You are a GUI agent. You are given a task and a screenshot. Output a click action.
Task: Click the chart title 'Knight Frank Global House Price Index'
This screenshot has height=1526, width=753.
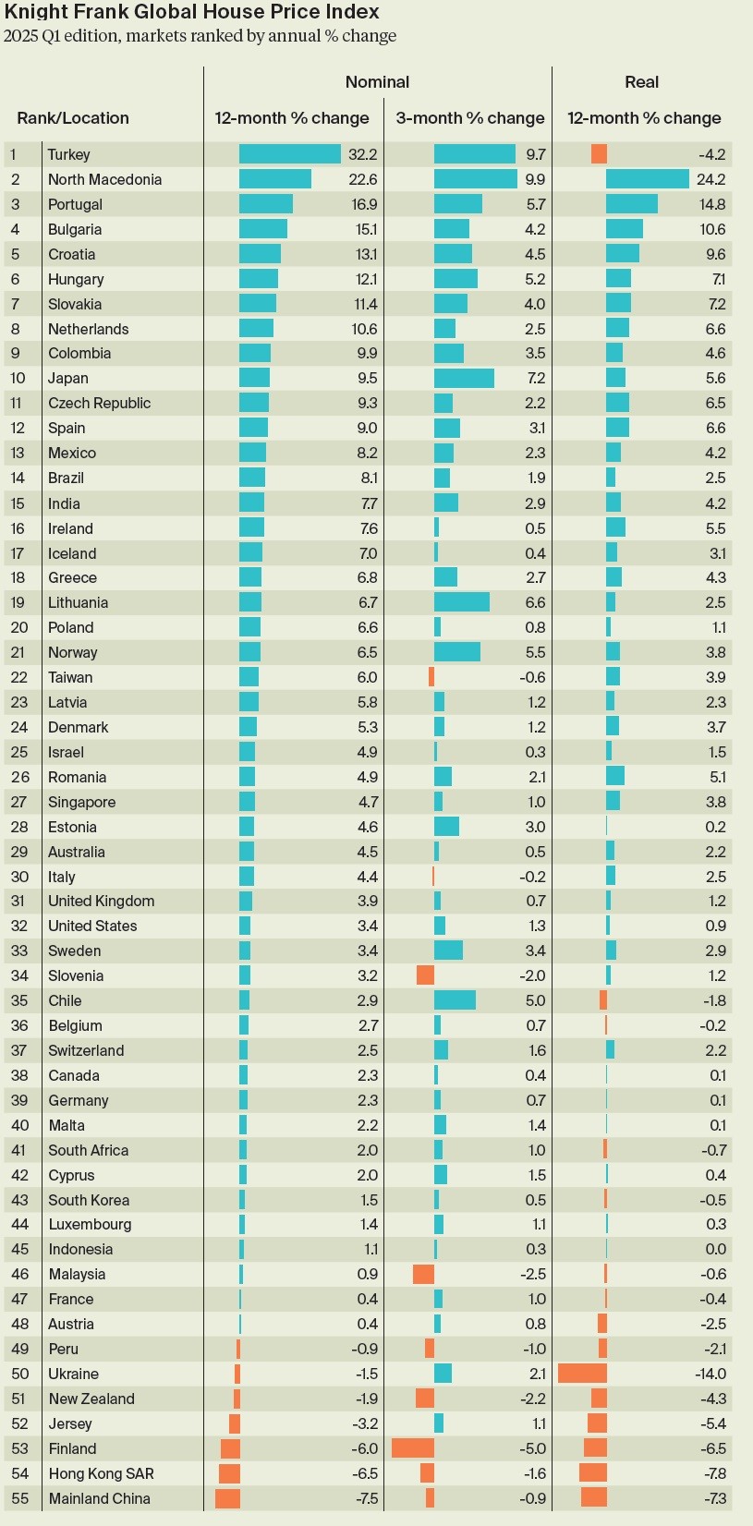click(x=192, y=12)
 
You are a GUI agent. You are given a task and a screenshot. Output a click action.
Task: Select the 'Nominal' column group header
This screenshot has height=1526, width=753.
click(x=377, y=82)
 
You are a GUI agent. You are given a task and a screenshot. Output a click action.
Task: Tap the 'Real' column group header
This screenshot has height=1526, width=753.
click(x=641, y=82)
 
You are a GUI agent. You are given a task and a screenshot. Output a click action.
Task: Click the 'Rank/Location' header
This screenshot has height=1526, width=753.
click(x=73, y=118)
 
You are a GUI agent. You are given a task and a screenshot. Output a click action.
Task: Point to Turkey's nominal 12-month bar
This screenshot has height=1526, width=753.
click(x=290, y=154)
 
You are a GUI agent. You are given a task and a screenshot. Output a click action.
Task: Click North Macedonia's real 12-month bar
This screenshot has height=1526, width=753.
click(x=647, y=179)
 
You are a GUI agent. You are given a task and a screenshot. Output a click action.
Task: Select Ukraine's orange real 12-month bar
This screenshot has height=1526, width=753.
click(x=582, y=1374)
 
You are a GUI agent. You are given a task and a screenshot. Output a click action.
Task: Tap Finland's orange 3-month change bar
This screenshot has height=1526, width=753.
click(x=413, y=1448)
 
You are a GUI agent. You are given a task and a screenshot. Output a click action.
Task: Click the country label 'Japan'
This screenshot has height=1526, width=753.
click(x=68, y=378)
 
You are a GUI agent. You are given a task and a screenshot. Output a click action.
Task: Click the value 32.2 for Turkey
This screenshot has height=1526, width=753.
click(x=363, y=154)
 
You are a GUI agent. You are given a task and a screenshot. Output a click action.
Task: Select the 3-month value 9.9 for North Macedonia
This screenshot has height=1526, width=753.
click(x=535, y=179)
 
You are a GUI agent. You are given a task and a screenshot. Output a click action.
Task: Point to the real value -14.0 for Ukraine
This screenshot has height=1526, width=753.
click(x=710, y=1374)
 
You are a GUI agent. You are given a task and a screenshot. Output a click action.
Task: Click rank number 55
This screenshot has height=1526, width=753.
click(x=19, y=1498)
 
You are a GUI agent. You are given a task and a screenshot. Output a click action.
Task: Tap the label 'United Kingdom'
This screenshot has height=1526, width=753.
click(x=101, y=901)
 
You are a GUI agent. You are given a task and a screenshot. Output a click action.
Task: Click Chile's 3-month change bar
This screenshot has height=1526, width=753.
click(x=455, y=1000)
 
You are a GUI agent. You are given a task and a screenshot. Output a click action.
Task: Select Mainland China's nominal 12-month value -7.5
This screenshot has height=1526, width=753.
click(x=367, y=1498)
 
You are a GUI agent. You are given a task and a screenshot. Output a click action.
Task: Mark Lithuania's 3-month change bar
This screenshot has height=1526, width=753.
click(x=461, y=602)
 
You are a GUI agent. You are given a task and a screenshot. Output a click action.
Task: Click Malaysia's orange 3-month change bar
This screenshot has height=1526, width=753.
click(x=423, y=1274)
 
